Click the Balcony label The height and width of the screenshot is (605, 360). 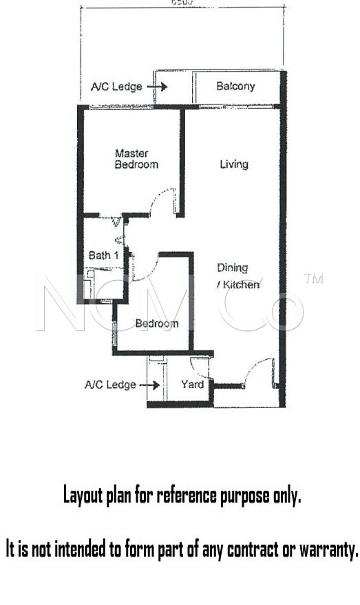pyautogui.click(x=235, y=86)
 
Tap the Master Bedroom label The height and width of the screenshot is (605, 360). pyautogui.click(x=136, y=159)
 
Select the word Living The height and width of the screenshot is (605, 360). pyautogui.click(x=234, y=164)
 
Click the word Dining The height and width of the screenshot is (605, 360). pyautogui.click(x=232, y=268)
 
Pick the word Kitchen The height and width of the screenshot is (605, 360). pyautogui.click(x=241, y=284)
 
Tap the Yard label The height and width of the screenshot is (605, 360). pyautogui.click(x=192, y=384)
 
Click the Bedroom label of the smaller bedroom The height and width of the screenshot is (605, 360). pyautogui.click(x=156, y=323)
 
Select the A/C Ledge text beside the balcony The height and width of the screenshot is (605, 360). pyautogui.click(x=116, y=87)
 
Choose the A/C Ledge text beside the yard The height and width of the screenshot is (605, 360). pyautogui.click(x=110, y=385)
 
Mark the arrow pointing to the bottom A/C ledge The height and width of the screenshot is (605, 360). pyautogui.click(x=149, y=385)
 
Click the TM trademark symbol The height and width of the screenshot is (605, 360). pyautogui.click(x=313, y=279)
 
